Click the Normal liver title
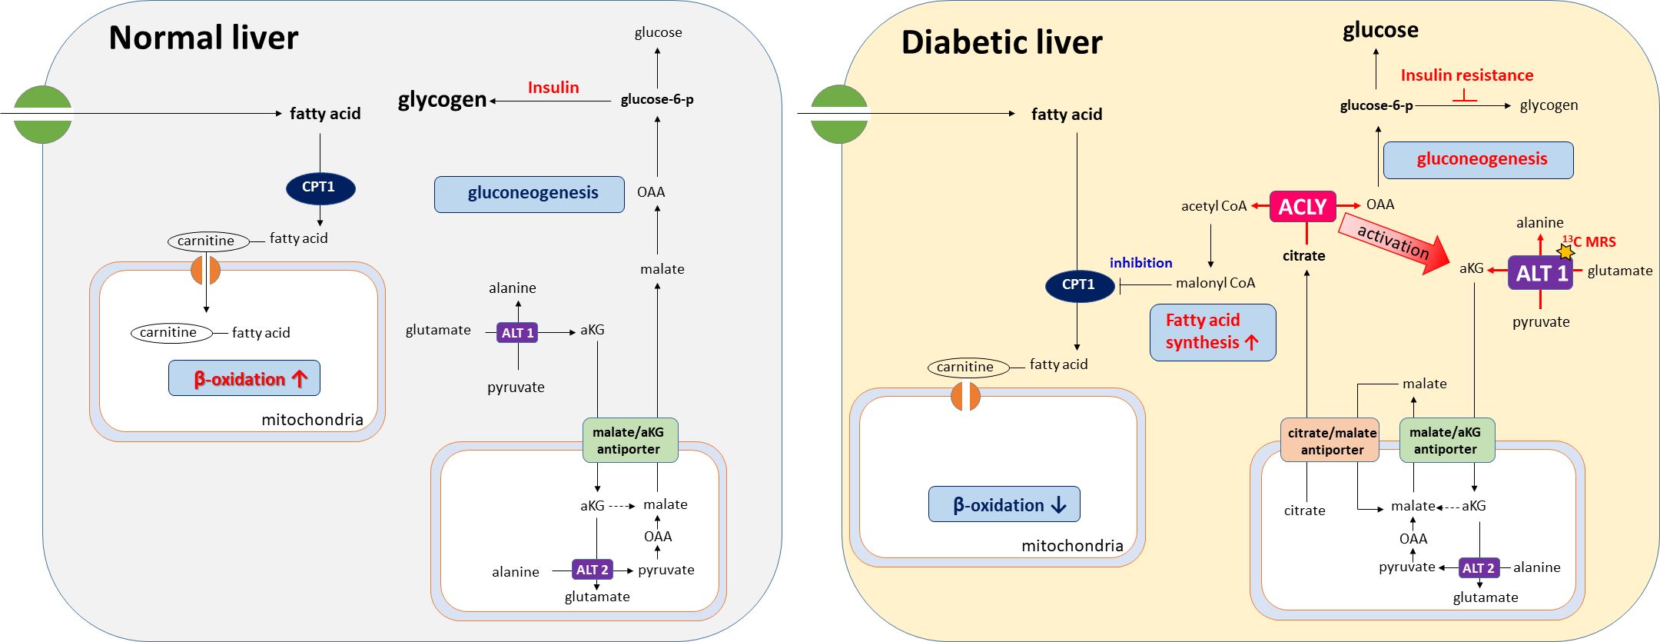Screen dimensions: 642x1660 click(x=204, y=38)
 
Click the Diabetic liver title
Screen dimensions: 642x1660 click(x=1001, y=42)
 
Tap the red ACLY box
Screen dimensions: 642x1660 click(x=1303, y=207)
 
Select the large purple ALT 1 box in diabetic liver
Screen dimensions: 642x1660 click(x=1540, y=273)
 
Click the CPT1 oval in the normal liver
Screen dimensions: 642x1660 click(x=320, y=188)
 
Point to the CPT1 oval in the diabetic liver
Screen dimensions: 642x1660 click(x=1079, y=285)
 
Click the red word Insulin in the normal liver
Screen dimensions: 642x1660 click(x=553, y=88)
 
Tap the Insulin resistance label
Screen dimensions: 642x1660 click(x=1466, y=75)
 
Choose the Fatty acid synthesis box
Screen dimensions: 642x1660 click(x=1212, y=332)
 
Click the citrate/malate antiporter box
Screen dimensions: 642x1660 click(x=1330, y=441)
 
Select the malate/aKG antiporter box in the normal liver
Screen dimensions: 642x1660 click(x=629, y=441)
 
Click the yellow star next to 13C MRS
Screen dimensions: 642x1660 click(x=1565, y=251)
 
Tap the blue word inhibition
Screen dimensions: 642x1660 click(x=1140, y=263)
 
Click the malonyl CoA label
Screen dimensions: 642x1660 click(x=1215, y=283)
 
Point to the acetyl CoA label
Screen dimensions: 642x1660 click(x=1213, y=206)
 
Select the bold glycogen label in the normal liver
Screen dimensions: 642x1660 click(x=442, y=100)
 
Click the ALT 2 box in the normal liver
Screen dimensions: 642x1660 click(x=593, y=570)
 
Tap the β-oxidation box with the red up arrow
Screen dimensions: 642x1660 click(x=244, y=378)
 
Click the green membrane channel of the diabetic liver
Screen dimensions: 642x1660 click(x=838, y=114)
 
